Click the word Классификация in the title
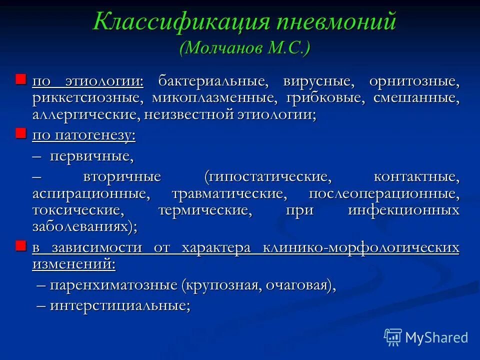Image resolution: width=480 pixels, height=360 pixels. click(178, 22)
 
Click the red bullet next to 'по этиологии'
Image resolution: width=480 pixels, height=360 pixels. click(20, 79)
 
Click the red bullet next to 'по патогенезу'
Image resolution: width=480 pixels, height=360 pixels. click(20, 133)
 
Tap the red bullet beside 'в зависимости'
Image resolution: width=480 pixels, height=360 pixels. click(20, 245)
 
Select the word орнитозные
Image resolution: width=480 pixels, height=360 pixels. click(414, 81)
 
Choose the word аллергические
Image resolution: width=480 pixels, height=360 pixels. click(85, 114)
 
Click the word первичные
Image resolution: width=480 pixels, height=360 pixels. click(91, 157)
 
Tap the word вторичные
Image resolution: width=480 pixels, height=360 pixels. click(122, 176)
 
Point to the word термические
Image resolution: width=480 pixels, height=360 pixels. click(205, 210)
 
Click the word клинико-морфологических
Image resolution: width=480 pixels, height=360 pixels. click(360, 247)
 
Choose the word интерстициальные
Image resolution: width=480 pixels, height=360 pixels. click(120, 305)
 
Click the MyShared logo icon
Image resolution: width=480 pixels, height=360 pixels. click(393, 337)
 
